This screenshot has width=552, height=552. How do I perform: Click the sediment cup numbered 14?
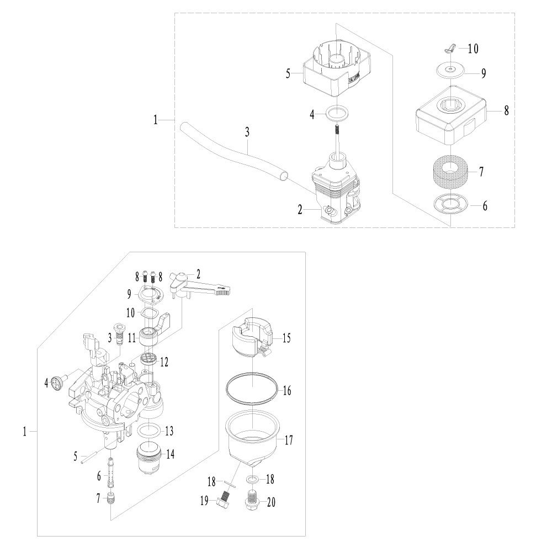148,457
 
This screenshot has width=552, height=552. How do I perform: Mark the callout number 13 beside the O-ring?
169,430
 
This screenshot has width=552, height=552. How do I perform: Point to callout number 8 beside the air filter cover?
506,111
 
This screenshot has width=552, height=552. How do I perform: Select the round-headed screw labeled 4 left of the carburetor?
56,382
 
